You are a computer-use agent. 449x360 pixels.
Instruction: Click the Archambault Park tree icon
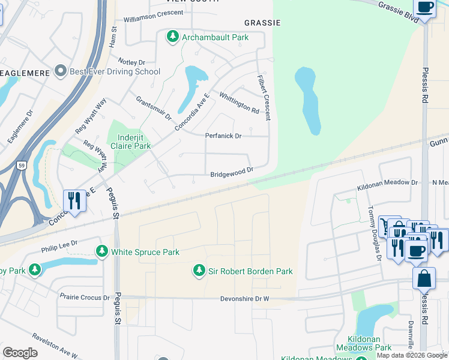(x=173, y=37)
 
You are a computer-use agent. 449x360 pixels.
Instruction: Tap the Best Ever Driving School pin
(x=60, y=72)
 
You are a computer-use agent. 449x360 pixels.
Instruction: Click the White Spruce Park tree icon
(x=103, y=251)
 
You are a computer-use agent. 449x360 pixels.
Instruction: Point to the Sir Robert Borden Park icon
(x=199, y=271)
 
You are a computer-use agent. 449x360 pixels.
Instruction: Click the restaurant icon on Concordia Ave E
(x=74, y=200)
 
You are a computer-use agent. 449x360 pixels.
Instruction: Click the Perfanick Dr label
(x=223, y=136)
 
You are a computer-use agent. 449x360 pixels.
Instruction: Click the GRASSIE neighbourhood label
(x=262, y=22)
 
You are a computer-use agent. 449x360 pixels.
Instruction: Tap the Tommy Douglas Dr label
(x=374, y=234)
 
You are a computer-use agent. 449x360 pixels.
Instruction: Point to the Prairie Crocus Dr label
(x=85, y=297)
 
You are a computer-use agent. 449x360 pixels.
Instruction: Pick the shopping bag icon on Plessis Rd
(x=424, y=278)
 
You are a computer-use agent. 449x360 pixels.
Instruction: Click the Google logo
(x=20, y=353)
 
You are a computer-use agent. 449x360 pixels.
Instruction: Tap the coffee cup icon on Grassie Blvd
(x=424, y=8)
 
